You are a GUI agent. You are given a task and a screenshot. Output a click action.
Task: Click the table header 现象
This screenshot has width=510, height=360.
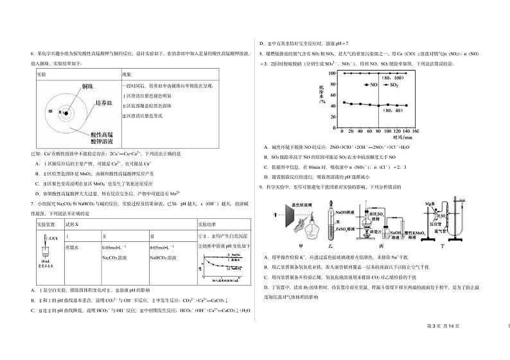(x=127, y=75)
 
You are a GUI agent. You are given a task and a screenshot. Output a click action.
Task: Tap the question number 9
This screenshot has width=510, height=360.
(x=260, y=187)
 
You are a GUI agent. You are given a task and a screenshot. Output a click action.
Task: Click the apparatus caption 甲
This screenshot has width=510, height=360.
(x=299, y=246)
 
